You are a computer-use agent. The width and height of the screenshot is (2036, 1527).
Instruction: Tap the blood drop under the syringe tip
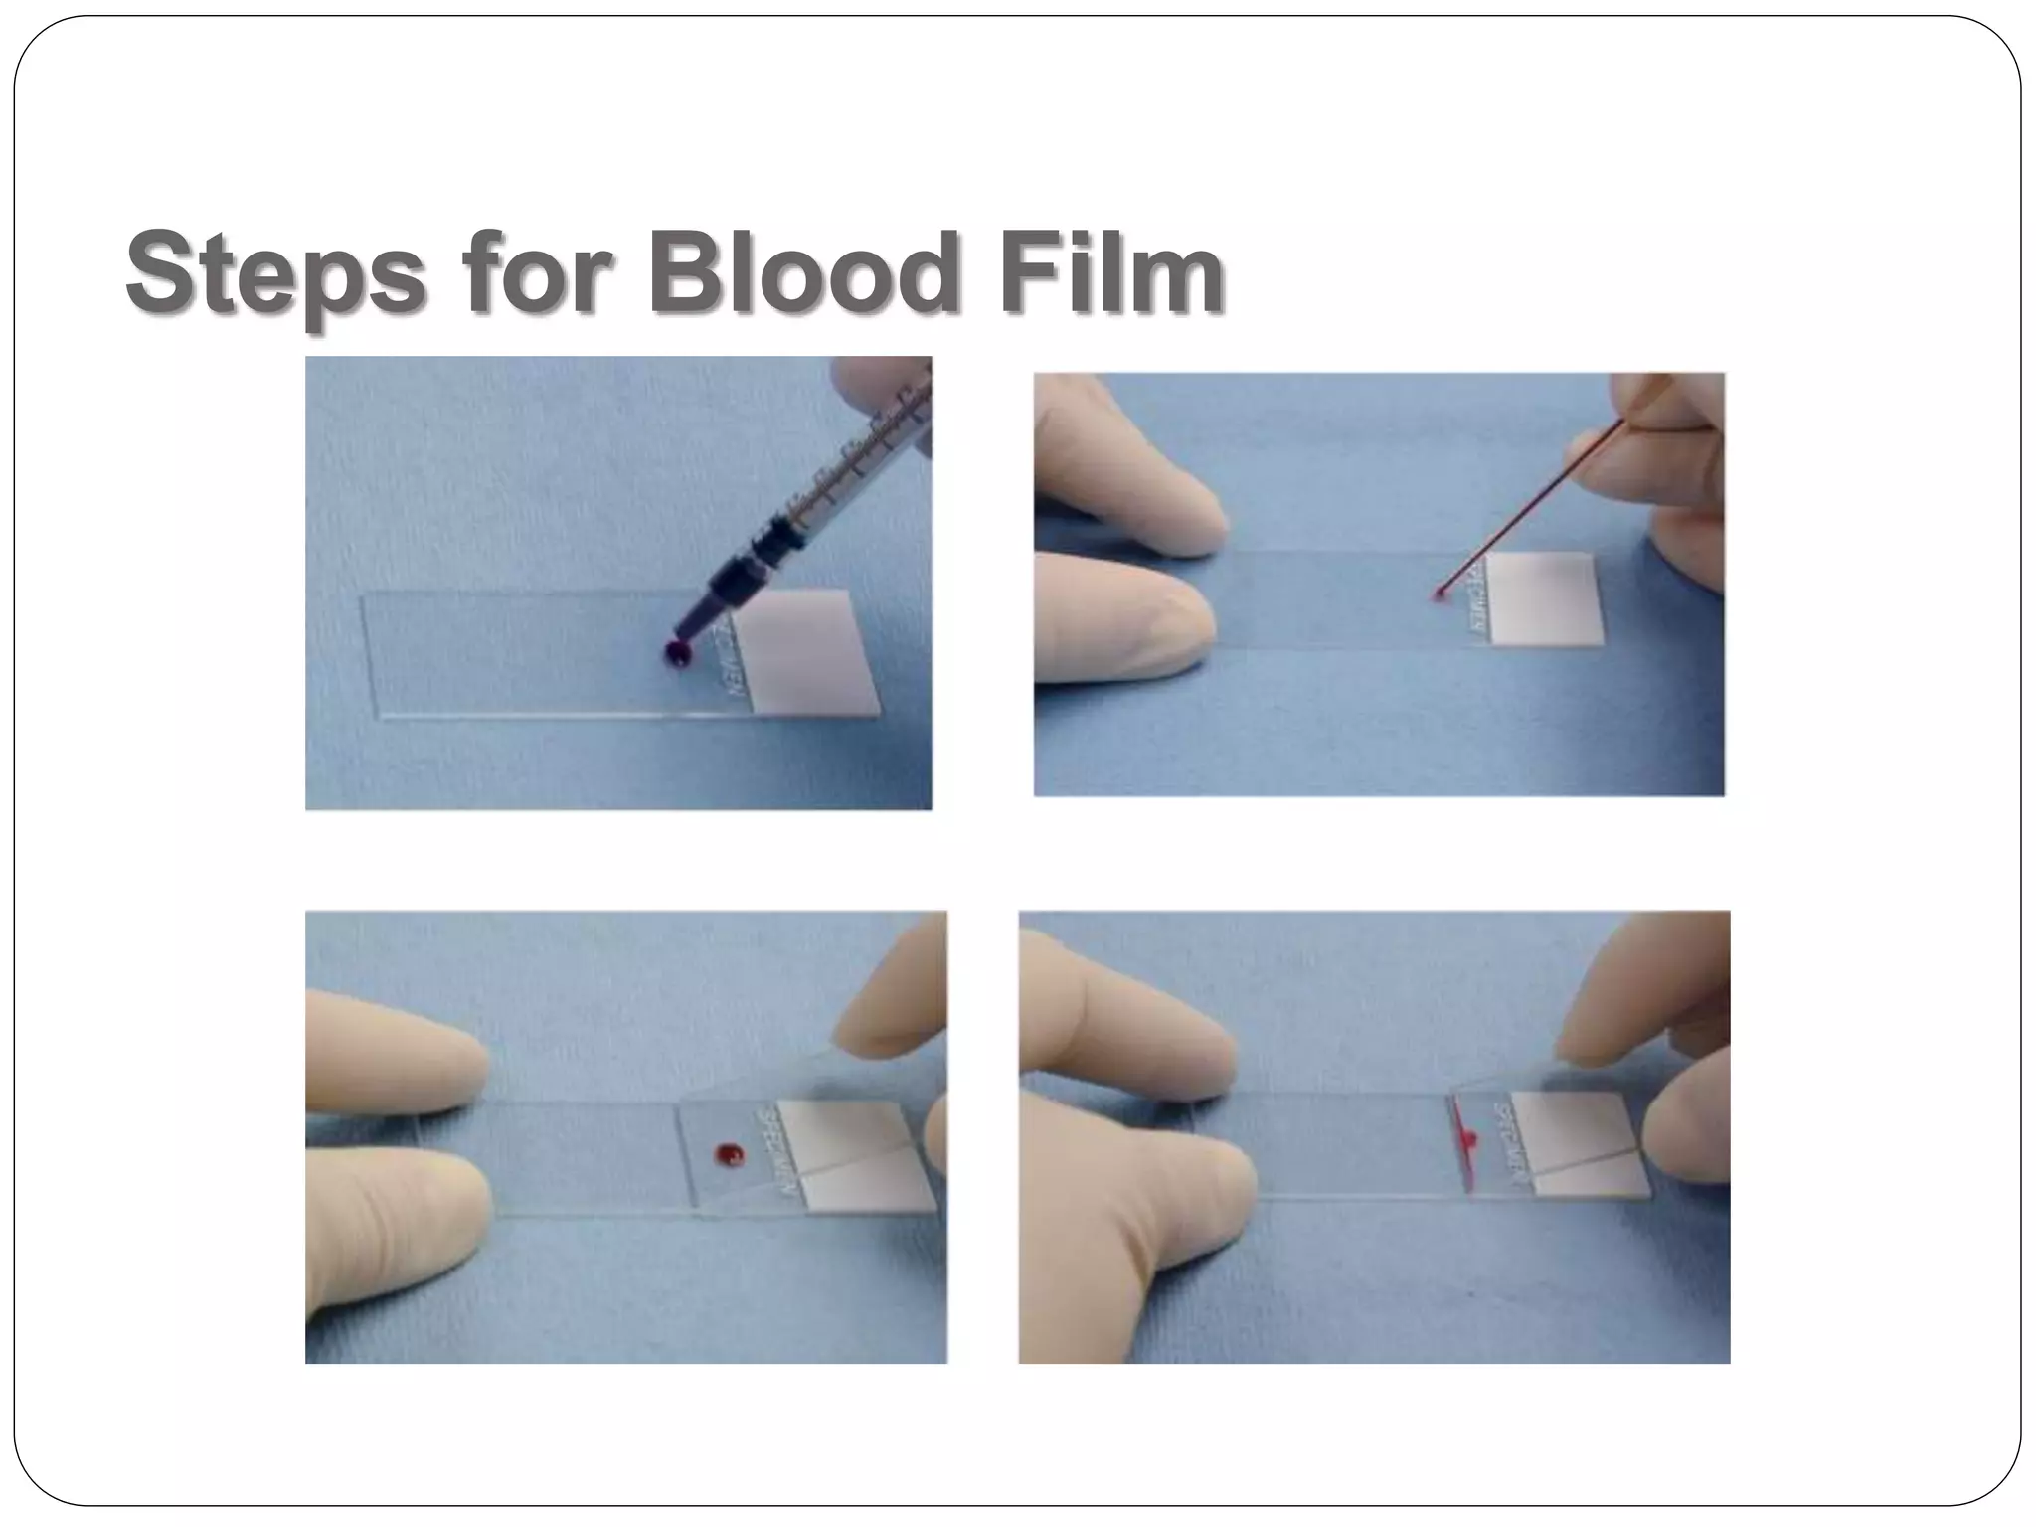(677, 653)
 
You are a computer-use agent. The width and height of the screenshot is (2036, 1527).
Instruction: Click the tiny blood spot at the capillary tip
(1438, 595)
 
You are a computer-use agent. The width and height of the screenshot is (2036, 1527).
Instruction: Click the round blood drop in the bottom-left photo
(729, 1154)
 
